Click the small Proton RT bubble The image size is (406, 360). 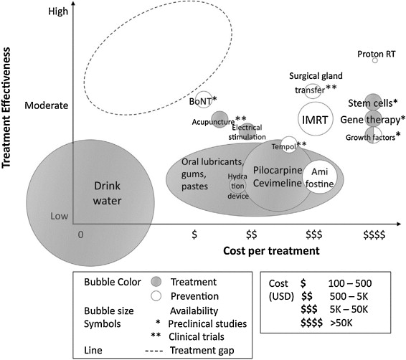(374, 60)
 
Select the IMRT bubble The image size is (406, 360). (315, 119)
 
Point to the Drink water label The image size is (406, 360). (107, 193)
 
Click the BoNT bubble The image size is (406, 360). (204, 100)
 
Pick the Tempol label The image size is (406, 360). (284, 147)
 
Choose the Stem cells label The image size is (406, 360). (370, 103)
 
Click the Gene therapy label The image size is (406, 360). (370, 120)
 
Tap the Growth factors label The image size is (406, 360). (370, 137)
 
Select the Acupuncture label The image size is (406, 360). (213, 122)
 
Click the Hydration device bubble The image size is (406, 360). (237, 186)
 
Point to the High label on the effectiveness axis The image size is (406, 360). (58, 11)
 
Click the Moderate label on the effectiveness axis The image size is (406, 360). (47, 105)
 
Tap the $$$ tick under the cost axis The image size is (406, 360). (313, 235)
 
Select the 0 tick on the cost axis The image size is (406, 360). (81, 235)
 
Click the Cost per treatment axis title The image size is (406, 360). (271, 251)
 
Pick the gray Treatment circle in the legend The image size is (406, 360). (156, 282)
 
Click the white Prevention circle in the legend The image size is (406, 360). (156, 296)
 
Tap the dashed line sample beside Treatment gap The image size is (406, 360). (154, 351)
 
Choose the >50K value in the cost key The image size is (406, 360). (341, 323)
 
